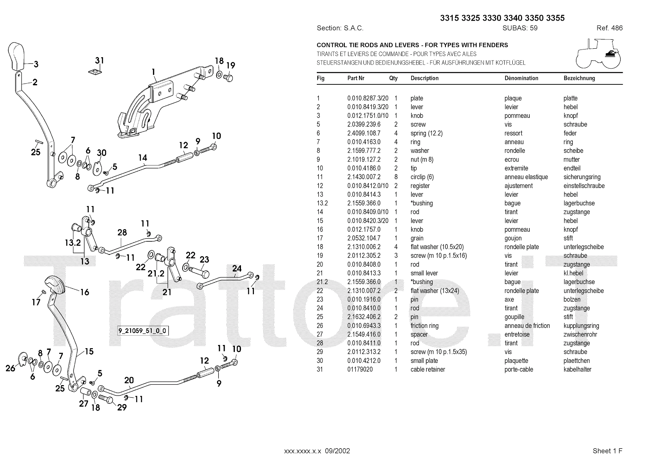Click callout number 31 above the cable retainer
click(99, 60)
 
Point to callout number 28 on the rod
click(122, 233)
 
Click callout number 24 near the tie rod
click(237, 268)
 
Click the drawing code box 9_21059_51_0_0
click(142, 331)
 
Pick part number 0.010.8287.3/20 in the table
click(367, 98)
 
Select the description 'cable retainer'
click(428, 369)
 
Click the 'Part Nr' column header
click(356, 78)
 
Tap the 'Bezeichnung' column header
click(579, 78)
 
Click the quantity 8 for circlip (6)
click(396, 177)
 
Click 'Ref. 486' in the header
click(609, 28)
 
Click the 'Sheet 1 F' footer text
click(607, 451)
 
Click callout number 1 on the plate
click(154, 72)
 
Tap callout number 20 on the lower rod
click(129, 380)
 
